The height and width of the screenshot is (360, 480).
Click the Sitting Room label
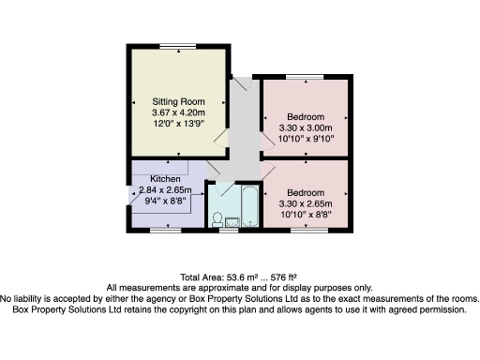[178, 100]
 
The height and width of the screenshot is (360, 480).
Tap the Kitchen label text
[154, 177]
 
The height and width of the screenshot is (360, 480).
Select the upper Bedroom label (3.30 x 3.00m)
[305, 117]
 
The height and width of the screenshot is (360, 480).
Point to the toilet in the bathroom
[217, 219]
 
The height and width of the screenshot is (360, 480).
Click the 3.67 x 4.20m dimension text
[178, 112]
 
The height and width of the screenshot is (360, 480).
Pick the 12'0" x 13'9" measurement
[178, 123]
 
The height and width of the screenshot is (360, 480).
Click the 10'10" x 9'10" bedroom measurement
[305, 140]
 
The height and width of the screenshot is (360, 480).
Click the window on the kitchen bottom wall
[168, 228]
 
